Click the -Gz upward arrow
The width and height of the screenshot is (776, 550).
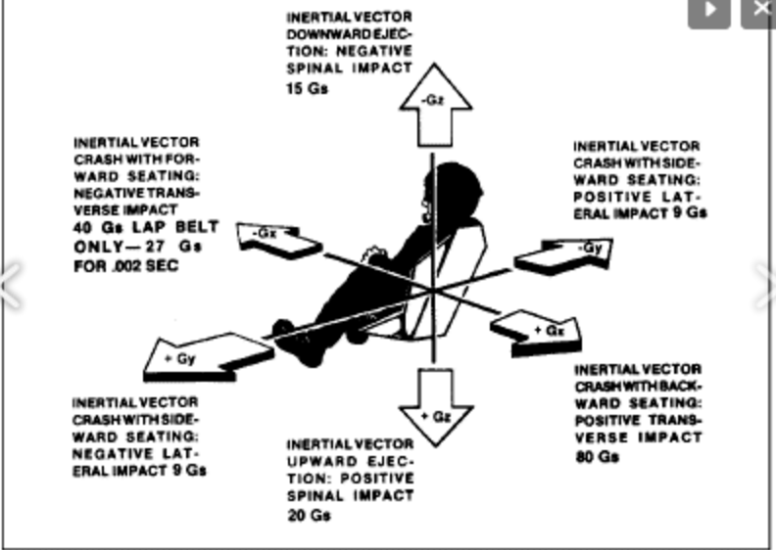431,98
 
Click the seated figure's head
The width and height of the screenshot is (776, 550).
454,186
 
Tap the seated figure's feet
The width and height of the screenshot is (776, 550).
284,333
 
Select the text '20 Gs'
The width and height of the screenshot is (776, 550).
309,515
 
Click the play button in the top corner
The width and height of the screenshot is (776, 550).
709,11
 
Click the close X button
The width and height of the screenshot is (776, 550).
759,11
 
